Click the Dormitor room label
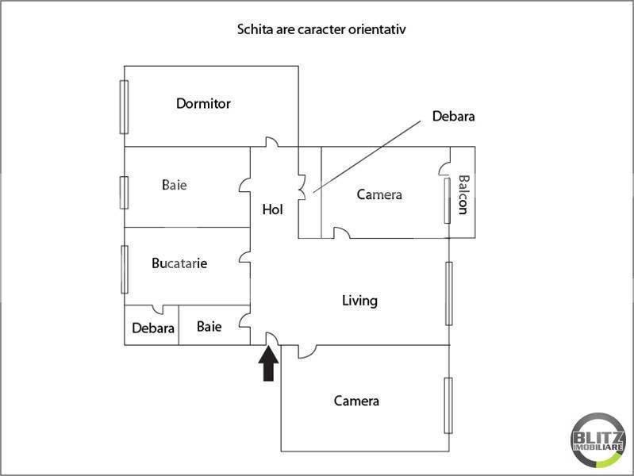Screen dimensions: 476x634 click(203, 103)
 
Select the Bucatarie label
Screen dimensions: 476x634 click(179, 263)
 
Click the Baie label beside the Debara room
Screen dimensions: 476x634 click(209, 326)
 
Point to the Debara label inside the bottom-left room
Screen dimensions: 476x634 click(153, 328)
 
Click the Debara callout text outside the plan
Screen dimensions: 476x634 click(453, 116)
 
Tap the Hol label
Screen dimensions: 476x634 click(273, 210)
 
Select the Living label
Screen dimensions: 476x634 click(359, 301)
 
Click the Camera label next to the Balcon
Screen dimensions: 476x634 click(379, 194)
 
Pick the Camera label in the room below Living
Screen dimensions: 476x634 click(356, 401)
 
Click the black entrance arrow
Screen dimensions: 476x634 click(269, 364)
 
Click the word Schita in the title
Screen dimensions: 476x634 click(254, 29)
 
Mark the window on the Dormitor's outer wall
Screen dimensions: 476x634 click(124, 107)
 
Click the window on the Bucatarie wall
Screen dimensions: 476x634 click(125, 269)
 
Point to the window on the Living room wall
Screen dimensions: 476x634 click(448, 293)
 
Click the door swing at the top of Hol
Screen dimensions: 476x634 click(272, 142)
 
